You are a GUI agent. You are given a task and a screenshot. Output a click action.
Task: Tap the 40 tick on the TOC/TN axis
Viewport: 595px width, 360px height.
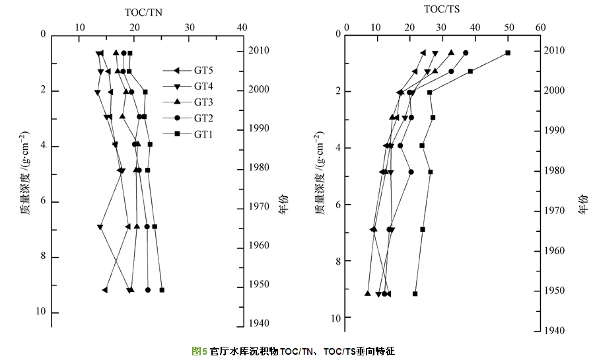point(242,27)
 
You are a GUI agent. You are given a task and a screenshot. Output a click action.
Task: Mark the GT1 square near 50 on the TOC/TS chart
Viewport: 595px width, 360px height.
point(508,53)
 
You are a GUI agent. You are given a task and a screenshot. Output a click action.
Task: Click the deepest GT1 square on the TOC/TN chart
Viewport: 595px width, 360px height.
point(162,290)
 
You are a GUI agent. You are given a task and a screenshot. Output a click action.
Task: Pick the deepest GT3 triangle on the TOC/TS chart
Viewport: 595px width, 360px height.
point(368,293)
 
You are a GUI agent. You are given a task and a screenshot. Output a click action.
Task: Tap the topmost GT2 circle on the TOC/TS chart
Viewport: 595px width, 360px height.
point(466,53)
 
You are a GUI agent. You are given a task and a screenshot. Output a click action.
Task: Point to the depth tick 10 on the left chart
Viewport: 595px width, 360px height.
point(41,312)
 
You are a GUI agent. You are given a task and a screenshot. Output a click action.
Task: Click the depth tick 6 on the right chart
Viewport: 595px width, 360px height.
point(337,205)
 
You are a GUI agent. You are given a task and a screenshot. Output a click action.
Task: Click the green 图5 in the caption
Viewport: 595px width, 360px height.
point(199,351)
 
